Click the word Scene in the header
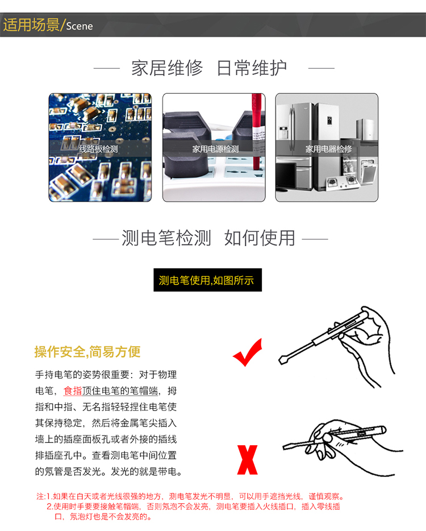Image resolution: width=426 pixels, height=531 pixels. pyautogui.click(x=79, y=26)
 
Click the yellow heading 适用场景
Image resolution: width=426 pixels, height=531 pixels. pyautogui.click(x=31, y=24)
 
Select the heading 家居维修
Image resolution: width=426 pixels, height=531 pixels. pyautogui.click(x=167, y=68)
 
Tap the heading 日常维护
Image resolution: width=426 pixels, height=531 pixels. pyautogui.click(x=252, y=68)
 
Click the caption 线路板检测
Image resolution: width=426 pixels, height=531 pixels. pyautogui.click(x=98, y=149)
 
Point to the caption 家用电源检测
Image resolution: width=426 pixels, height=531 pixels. pyautogui.click(x=215, y=149)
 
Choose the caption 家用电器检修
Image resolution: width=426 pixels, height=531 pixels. pyautogui.click(x=328, y=149)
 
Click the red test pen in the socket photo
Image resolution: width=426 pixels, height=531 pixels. pyautogui.click(x=257, y=128)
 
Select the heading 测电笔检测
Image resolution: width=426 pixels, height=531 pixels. pyautogui.click(x=166, y=238)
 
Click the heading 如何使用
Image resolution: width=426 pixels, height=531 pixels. pyautogui.click(x=260, y=238)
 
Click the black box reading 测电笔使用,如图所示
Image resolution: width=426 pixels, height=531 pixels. pyautogui.click(x=207, y=280)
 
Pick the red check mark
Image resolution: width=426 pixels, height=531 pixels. pyautogui.click(x=248, y=352)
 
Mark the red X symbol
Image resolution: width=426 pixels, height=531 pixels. pyautogui.click(x=247, y=460)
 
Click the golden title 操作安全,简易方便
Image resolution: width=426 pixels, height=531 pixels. pyautogui.click(x=87, y=352)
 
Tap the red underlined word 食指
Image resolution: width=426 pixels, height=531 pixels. pyautogui.click(x=73, y=391)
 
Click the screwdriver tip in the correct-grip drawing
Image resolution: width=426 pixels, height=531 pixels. pyautogui.click(x=281, y=360)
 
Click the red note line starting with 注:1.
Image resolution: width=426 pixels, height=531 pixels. pyautogui.click(x=190, y=496)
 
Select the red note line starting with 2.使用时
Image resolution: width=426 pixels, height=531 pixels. pyautogui.click(x=193, y=507)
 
